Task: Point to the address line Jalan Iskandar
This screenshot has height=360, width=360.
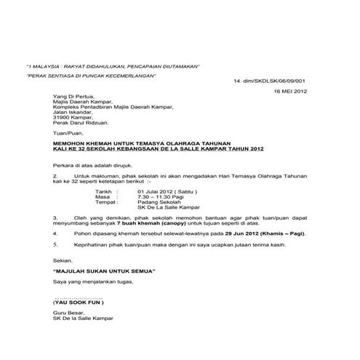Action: (x=76, y=113)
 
